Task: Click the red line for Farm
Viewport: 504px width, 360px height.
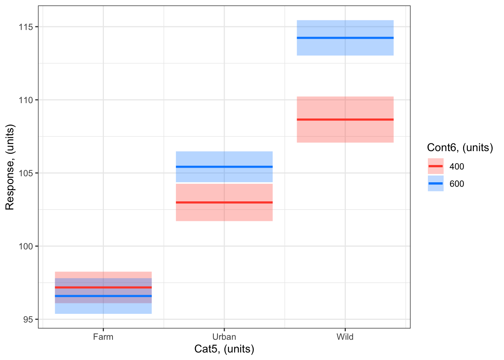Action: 103,287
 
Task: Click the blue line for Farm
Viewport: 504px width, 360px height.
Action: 103,296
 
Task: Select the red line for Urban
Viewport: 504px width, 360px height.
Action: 224,202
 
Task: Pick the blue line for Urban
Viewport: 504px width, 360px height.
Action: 224,166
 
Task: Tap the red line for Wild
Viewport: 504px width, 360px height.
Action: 345,120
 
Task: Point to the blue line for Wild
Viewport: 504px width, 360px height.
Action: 345,38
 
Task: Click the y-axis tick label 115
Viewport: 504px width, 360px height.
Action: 27,27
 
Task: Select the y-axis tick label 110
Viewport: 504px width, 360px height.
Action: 27,100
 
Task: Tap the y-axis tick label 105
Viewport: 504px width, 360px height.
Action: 27,173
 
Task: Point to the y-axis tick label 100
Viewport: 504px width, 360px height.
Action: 27,246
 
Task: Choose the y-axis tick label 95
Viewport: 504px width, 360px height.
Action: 28,319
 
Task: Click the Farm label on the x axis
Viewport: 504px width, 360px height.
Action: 103,337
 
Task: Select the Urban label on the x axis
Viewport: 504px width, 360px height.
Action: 224,337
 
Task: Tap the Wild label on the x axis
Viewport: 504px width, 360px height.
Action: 345,337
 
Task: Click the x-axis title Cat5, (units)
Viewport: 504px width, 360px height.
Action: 224,349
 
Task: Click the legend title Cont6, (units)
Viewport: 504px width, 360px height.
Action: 460,148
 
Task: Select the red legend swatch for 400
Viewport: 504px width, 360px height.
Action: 435,166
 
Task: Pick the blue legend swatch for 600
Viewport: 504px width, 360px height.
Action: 435,183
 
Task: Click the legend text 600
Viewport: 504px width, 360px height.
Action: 457,184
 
